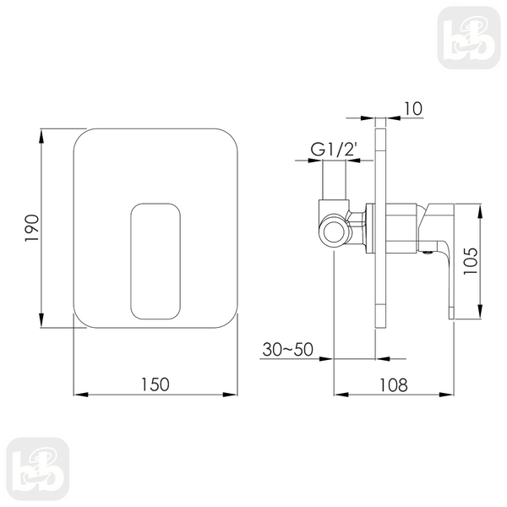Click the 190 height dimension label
click(32, 227)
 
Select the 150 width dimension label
click(155, 384)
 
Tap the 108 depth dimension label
click(393, 384)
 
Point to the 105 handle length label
click(471, 260)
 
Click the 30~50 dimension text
click(287, 349)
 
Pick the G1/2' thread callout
click(335, 150)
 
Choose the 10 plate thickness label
click(413, 109)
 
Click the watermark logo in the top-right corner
click(469, 38)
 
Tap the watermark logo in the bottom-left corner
click(38, 469)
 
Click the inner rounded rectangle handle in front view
click(155, 204)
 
